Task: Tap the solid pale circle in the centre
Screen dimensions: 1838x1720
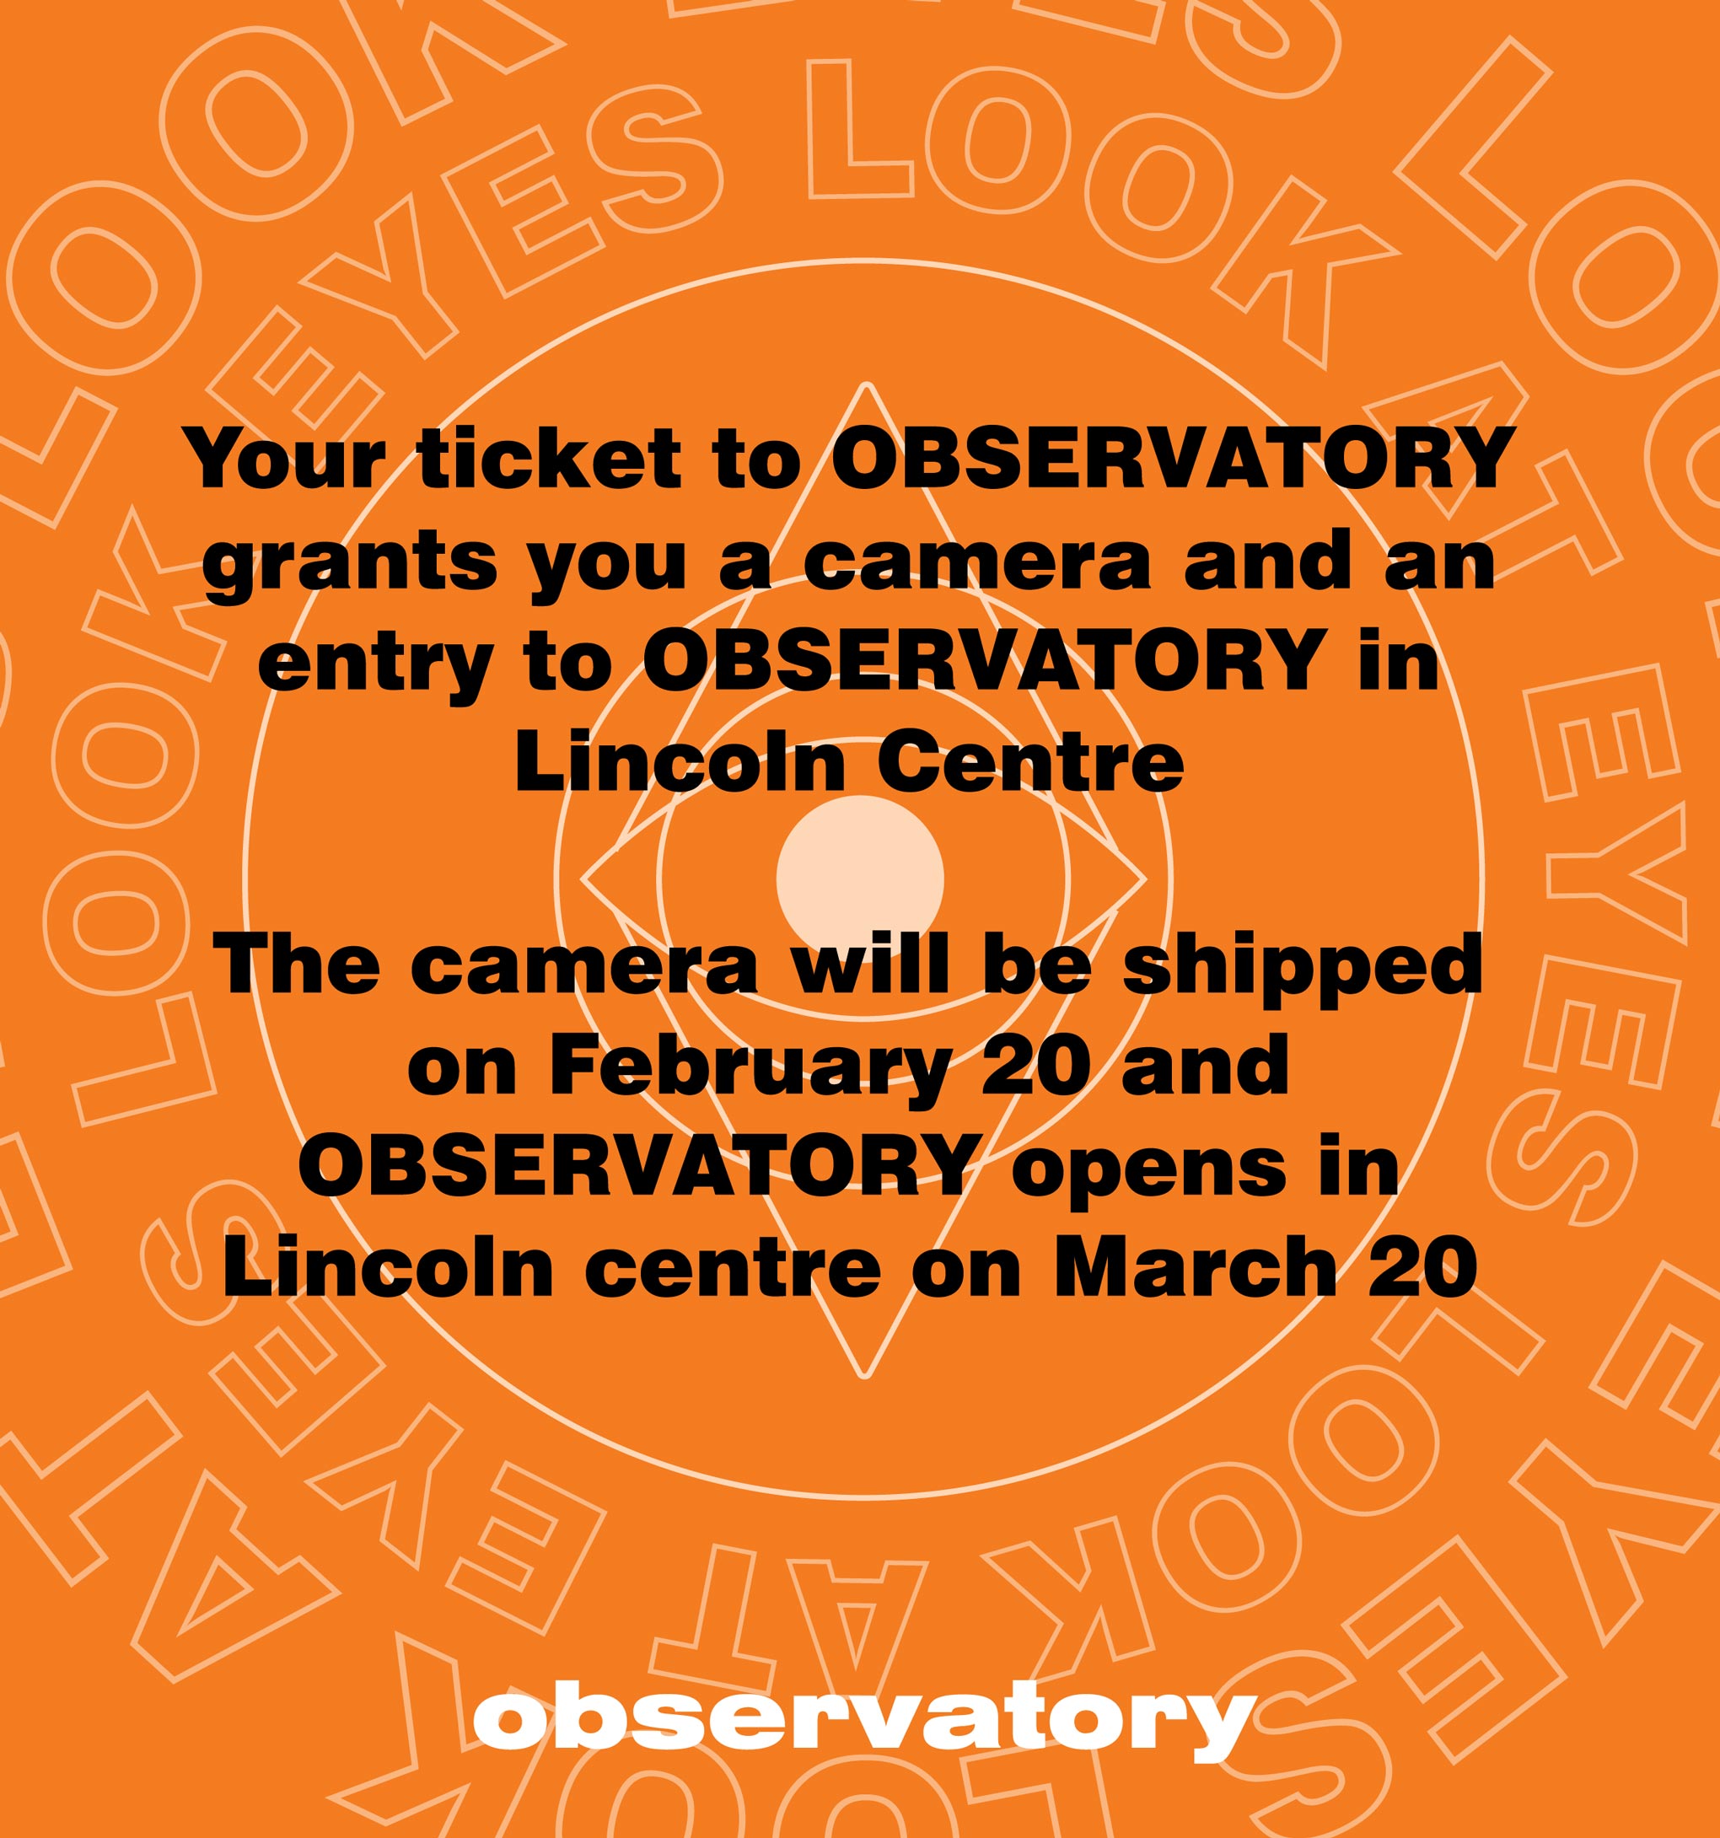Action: [860, 878]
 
